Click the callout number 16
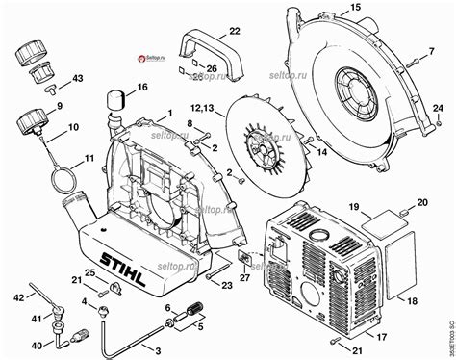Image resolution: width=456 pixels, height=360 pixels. point(142,88)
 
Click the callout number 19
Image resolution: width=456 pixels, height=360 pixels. point(353,207)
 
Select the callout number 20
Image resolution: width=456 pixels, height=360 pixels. point(422,202)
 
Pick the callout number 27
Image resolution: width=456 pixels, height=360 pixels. point(243,278)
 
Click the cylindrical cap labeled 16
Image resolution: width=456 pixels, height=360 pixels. point(118,98)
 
